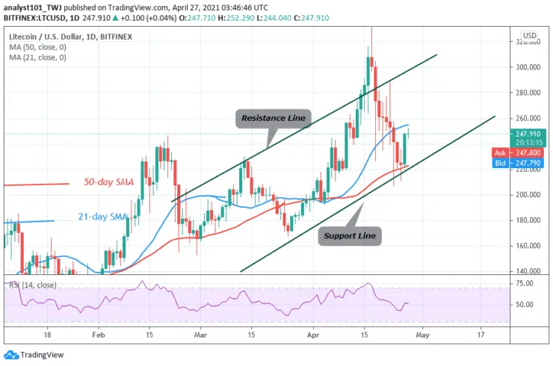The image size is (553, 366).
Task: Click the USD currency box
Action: pyautogui.click(x=528, y=35)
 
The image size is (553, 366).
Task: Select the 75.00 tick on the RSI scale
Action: pyautogui.click(x=525, y=284)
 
